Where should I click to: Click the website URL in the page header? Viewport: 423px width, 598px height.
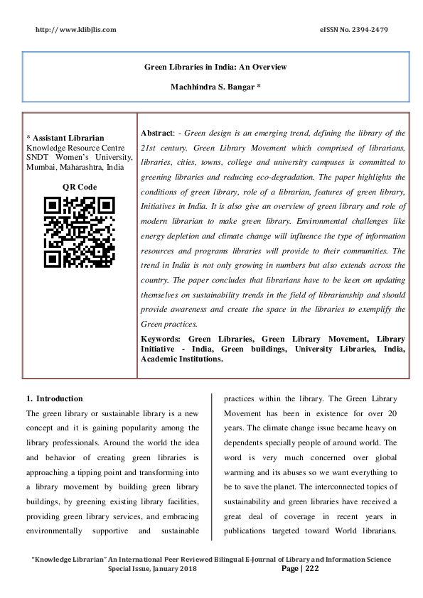[75, 29]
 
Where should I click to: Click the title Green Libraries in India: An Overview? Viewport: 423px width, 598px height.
[215, 67]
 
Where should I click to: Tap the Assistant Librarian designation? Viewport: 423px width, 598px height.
[67, 137]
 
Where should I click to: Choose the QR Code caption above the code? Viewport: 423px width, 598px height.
[79, 187]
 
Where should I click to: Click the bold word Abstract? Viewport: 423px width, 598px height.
[157, 133]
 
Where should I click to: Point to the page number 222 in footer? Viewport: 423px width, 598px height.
[312, 569]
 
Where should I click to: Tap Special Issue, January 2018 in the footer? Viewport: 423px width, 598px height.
[151, 569]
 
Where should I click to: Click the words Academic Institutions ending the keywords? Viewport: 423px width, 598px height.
[181, 359]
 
